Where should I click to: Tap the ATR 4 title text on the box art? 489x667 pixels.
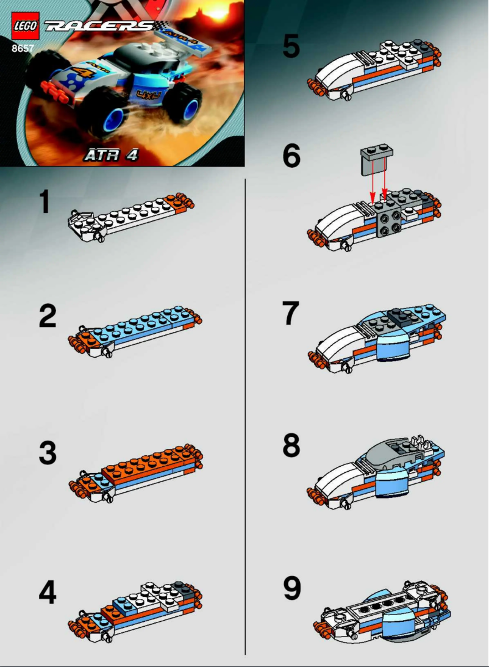point(111,155)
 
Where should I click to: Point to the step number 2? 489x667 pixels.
point(47,315)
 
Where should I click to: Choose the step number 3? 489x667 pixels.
point(47,452)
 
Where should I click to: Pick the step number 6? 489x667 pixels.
point(291,157)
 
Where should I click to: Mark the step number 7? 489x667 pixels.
point(291,314)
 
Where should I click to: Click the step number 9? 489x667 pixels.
point(291,587)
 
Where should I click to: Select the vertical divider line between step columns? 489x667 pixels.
point(245,415)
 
